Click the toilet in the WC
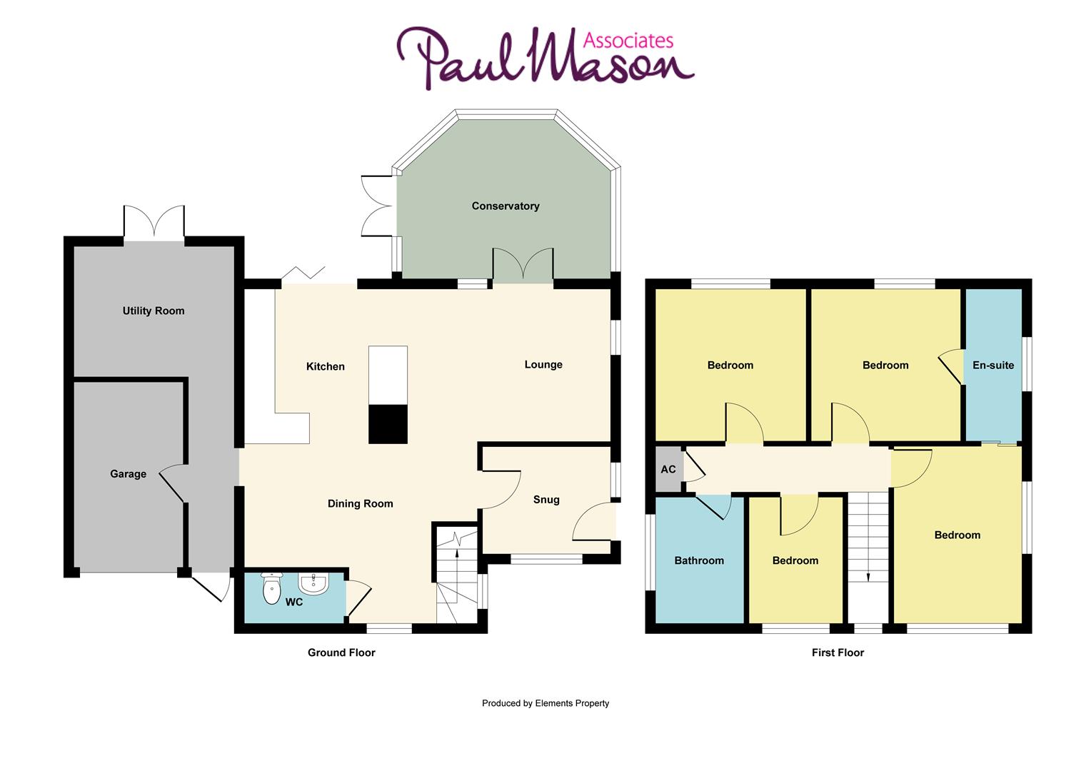pos(272,590)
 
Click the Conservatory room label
pos(506,206)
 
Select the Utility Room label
pos(154,311)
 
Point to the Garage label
pos(128,474)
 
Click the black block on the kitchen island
pos(388,424)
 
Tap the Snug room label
pos(546,500)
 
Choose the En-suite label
pos(993,365)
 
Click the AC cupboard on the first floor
pos(669,469)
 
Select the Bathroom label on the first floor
pos(699,560)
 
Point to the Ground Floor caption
pos(341,652)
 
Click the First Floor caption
pos(838,652)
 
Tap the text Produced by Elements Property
pos(545,703)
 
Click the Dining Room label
pos(360,504)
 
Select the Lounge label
pos(543,365)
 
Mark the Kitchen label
pos(326,367)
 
